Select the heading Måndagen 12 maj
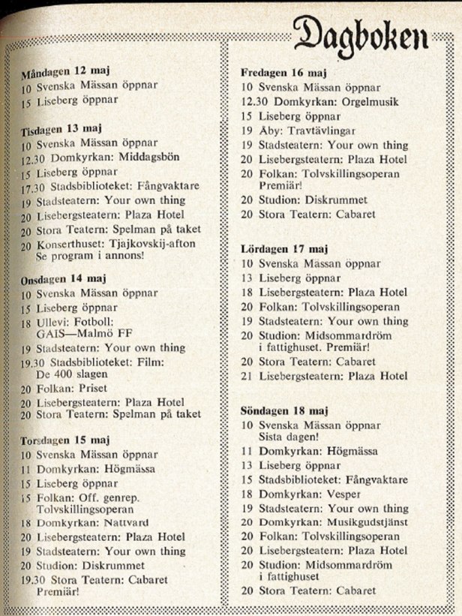click(x=66, y=73)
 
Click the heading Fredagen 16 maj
click(x=284, y=73)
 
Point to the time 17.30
click(x=27, y=186)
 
